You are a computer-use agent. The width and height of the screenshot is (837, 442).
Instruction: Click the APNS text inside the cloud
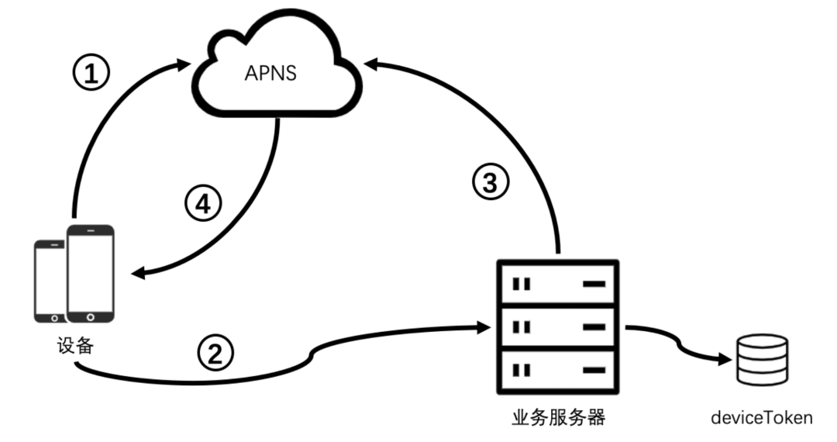pos(271,74)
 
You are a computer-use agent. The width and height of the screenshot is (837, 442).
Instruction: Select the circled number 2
pos(215,354)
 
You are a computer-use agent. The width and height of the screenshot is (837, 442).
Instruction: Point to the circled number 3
pos(491,184)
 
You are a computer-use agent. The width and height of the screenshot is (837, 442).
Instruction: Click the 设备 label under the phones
pos(75,345)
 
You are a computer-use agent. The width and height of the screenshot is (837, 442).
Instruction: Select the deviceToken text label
pos(762,418)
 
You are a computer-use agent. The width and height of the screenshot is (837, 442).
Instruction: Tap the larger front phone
pos(90,273)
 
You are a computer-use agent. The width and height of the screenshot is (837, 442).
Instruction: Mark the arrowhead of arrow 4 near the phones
pos(139,273)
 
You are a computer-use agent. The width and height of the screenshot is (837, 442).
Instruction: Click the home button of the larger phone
pos(90,316)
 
